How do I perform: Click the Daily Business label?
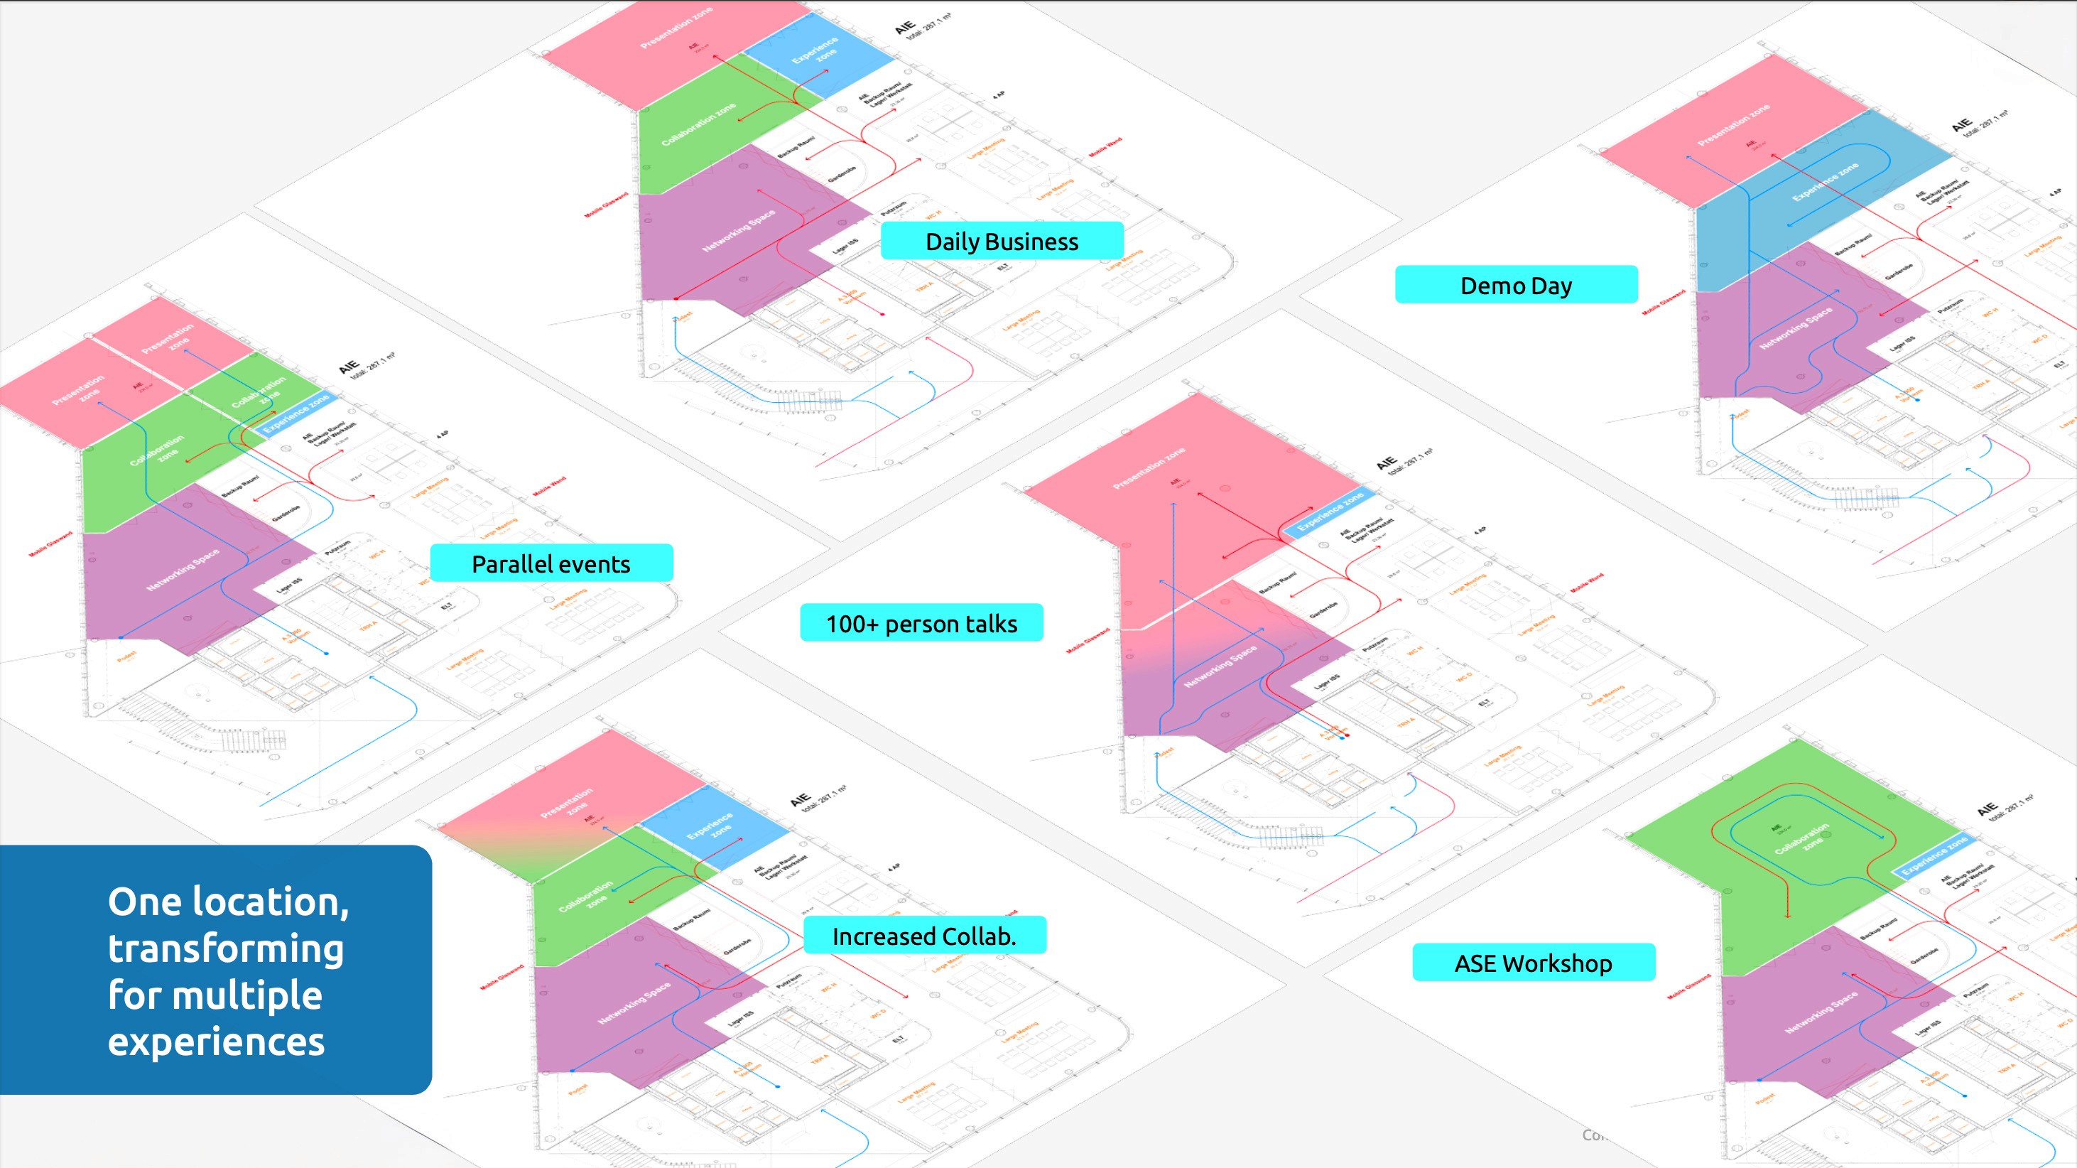[1002, 241]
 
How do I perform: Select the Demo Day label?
[1516, 285]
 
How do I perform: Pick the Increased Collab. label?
[924, 936]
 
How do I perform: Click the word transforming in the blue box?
[226, 948]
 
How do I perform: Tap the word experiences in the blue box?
[216, 1042]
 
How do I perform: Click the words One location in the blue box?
[228, 902]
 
